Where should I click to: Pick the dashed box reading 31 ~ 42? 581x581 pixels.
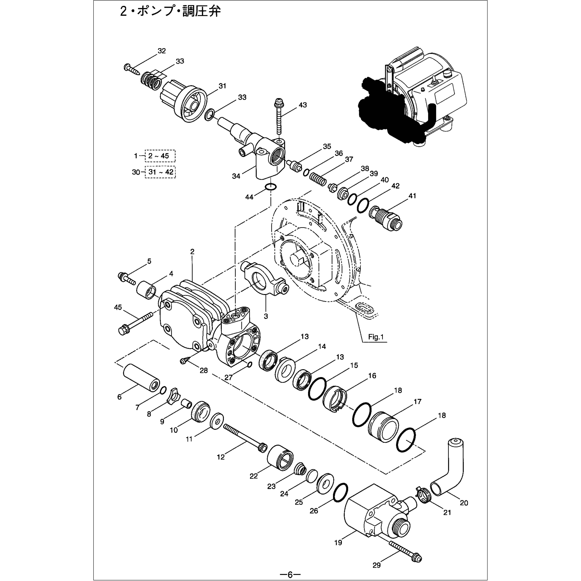coord(160,172)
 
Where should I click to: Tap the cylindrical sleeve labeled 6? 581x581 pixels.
coord(141,378)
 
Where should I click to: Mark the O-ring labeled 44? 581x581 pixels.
coord(271,187)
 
